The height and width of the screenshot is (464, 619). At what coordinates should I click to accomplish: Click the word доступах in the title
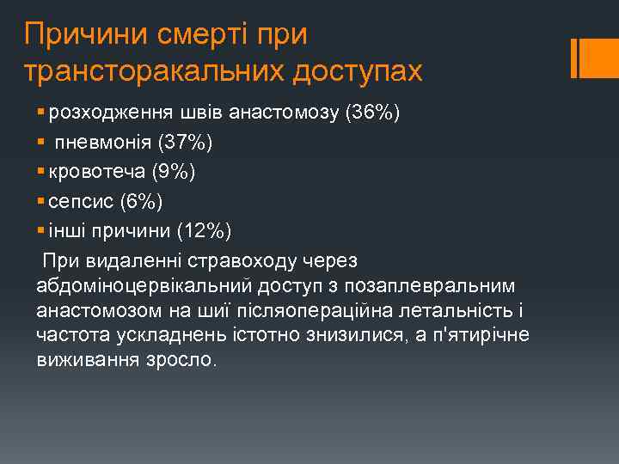click(358, 71)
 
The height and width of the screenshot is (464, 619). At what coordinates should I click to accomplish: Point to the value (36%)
click(371, 113)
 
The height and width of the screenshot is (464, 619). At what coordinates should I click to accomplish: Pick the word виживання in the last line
click(79, 359)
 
